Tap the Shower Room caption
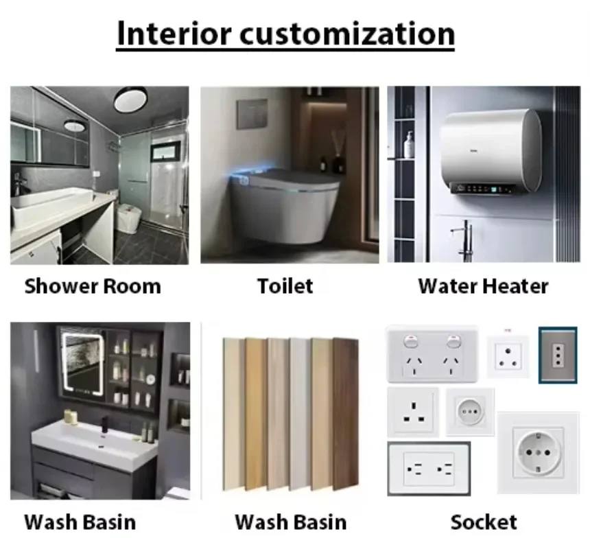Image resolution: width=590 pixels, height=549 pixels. point(93,286)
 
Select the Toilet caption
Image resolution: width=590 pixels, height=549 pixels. point(285,285)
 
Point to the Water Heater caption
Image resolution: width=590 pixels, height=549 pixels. point(483,286)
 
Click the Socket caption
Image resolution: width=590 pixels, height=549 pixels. point(483,522)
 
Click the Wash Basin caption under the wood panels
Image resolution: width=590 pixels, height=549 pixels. point(290,522)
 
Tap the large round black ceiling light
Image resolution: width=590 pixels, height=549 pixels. point(130,100)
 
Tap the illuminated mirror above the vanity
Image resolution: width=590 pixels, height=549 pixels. point(83,367)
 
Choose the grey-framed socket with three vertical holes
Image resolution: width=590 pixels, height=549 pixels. point(557,354)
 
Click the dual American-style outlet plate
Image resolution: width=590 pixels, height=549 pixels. point(429,469)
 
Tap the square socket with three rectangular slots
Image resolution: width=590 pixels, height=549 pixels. point(413,412)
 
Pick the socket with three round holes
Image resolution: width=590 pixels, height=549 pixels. point(508,355)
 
